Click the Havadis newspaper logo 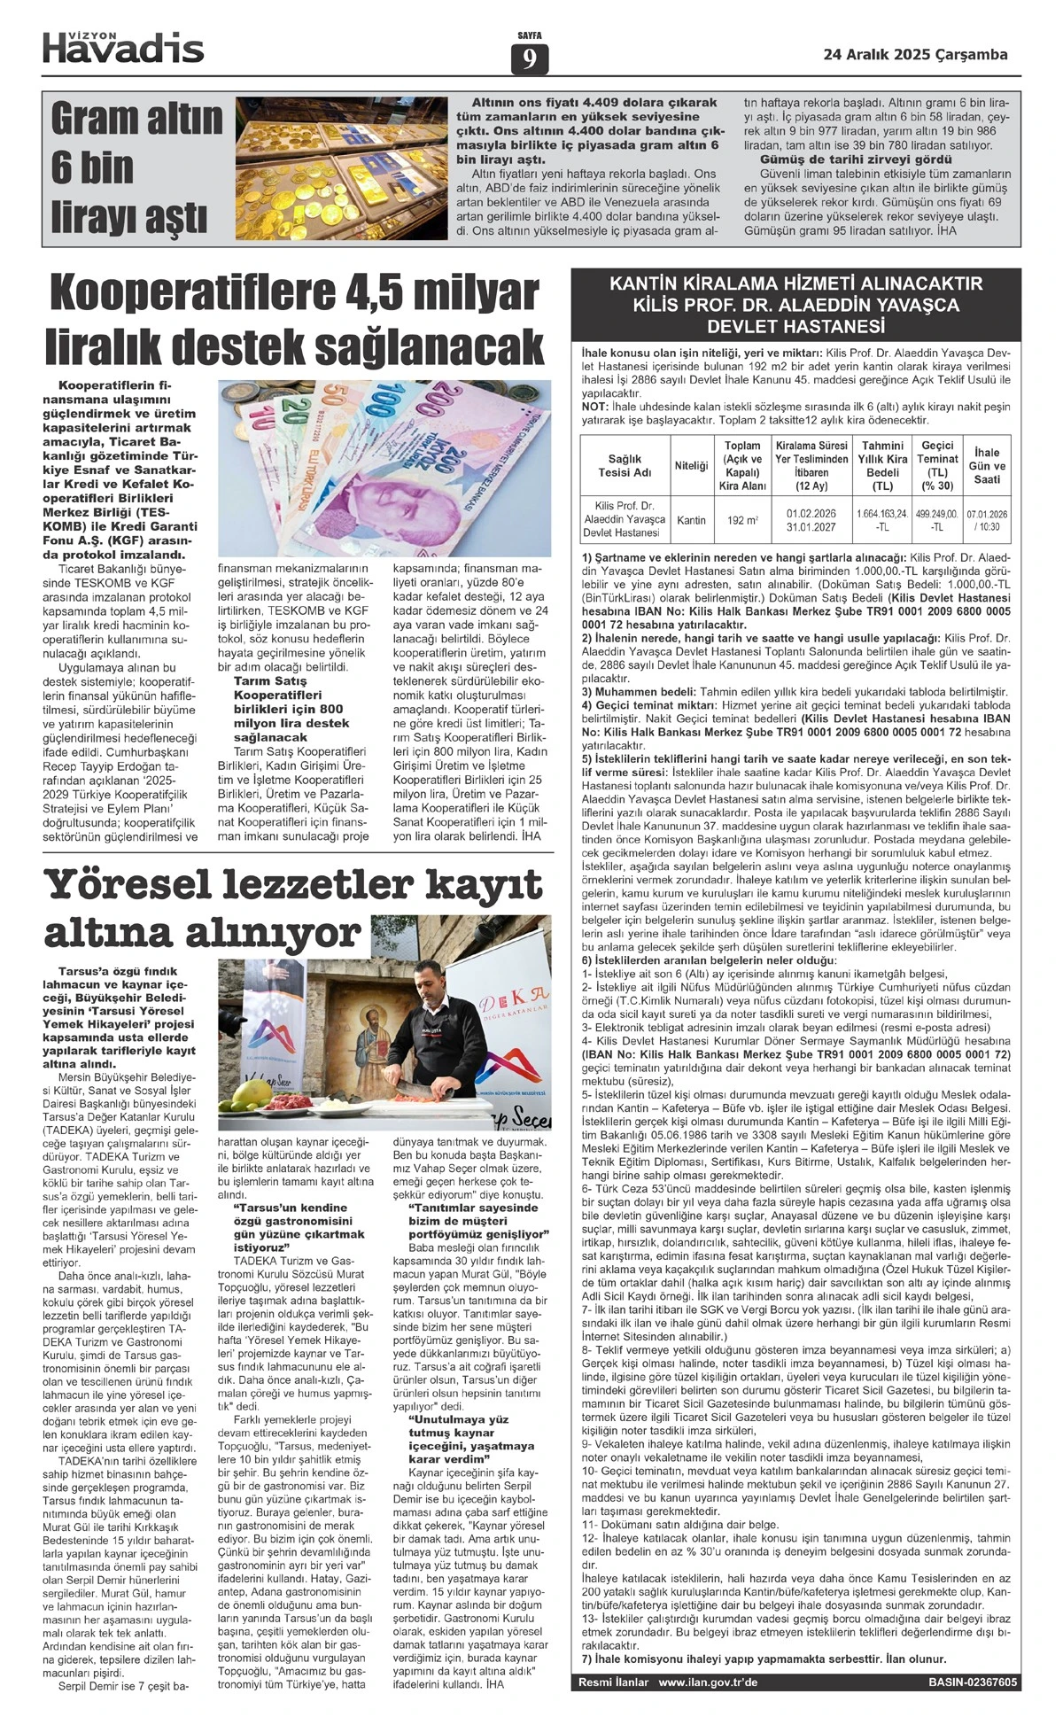coord(123,47)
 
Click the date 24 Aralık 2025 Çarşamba coord(915,55)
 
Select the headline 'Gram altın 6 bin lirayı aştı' coord(136,168)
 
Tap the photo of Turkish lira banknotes coord(384,467)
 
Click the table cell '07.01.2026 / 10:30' coord(987,519)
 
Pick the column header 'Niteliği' coord(692,465)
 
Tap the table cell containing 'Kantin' coord(692,520)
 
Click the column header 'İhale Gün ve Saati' coord(987,465)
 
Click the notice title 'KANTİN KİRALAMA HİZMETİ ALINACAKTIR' coord(795,284)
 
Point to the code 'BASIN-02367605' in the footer coord(973,1682)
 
